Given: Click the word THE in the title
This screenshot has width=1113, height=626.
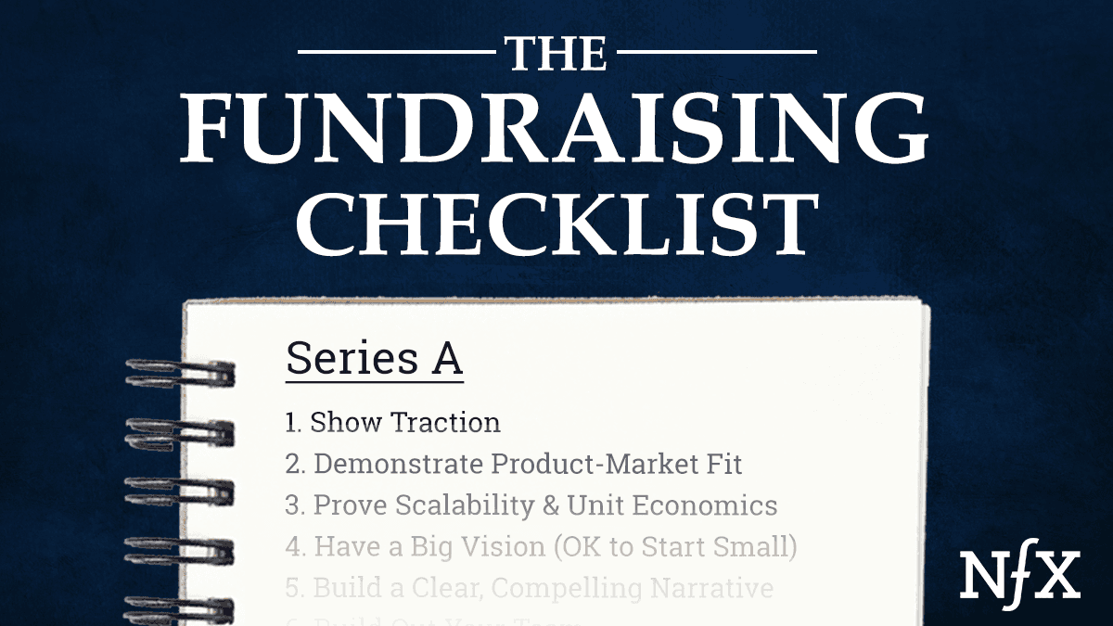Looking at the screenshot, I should click(556, 54).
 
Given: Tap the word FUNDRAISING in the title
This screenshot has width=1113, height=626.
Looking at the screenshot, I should click(556, 132).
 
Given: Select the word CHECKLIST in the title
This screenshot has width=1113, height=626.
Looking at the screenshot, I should click(556, 222).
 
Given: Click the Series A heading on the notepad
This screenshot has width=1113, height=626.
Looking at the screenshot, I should click(374, 359).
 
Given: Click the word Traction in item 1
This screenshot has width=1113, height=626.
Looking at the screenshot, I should click(445, 423).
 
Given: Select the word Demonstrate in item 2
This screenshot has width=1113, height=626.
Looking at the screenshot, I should click(398, 464).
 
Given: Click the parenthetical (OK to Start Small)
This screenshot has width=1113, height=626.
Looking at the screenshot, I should click(676, 546).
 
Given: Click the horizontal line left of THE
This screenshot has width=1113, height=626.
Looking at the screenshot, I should click(398, 52).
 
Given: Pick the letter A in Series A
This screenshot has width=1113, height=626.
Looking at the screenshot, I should click(445, 359).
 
